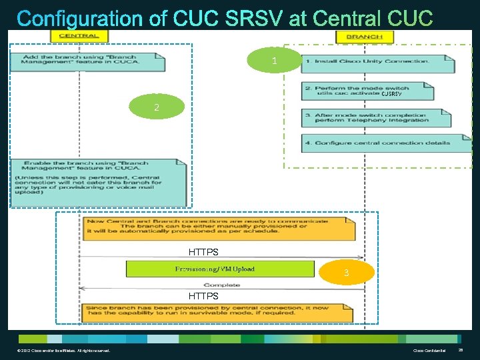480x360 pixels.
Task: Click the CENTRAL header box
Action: click(x=79, y=36)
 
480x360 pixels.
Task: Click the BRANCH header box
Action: click(x=365, y=36)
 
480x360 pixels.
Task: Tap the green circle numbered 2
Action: click(x=157, y=107)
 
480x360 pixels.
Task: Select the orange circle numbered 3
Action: click(x=346, y=273)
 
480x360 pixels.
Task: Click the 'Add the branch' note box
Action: click(x=87, y=61)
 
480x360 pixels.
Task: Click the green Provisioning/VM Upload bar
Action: click(x=220, y=269)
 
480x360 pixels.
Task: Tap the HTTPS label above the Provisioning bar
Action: click(x=203, y=253)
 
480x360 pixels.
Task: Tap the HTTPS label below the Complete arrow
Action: click(x=203, y=295)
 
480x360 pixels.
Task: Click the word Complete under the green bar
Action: click(x=222, y=285)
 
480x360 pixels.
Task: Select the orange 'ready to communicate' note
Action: click(x=217, y=227)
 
